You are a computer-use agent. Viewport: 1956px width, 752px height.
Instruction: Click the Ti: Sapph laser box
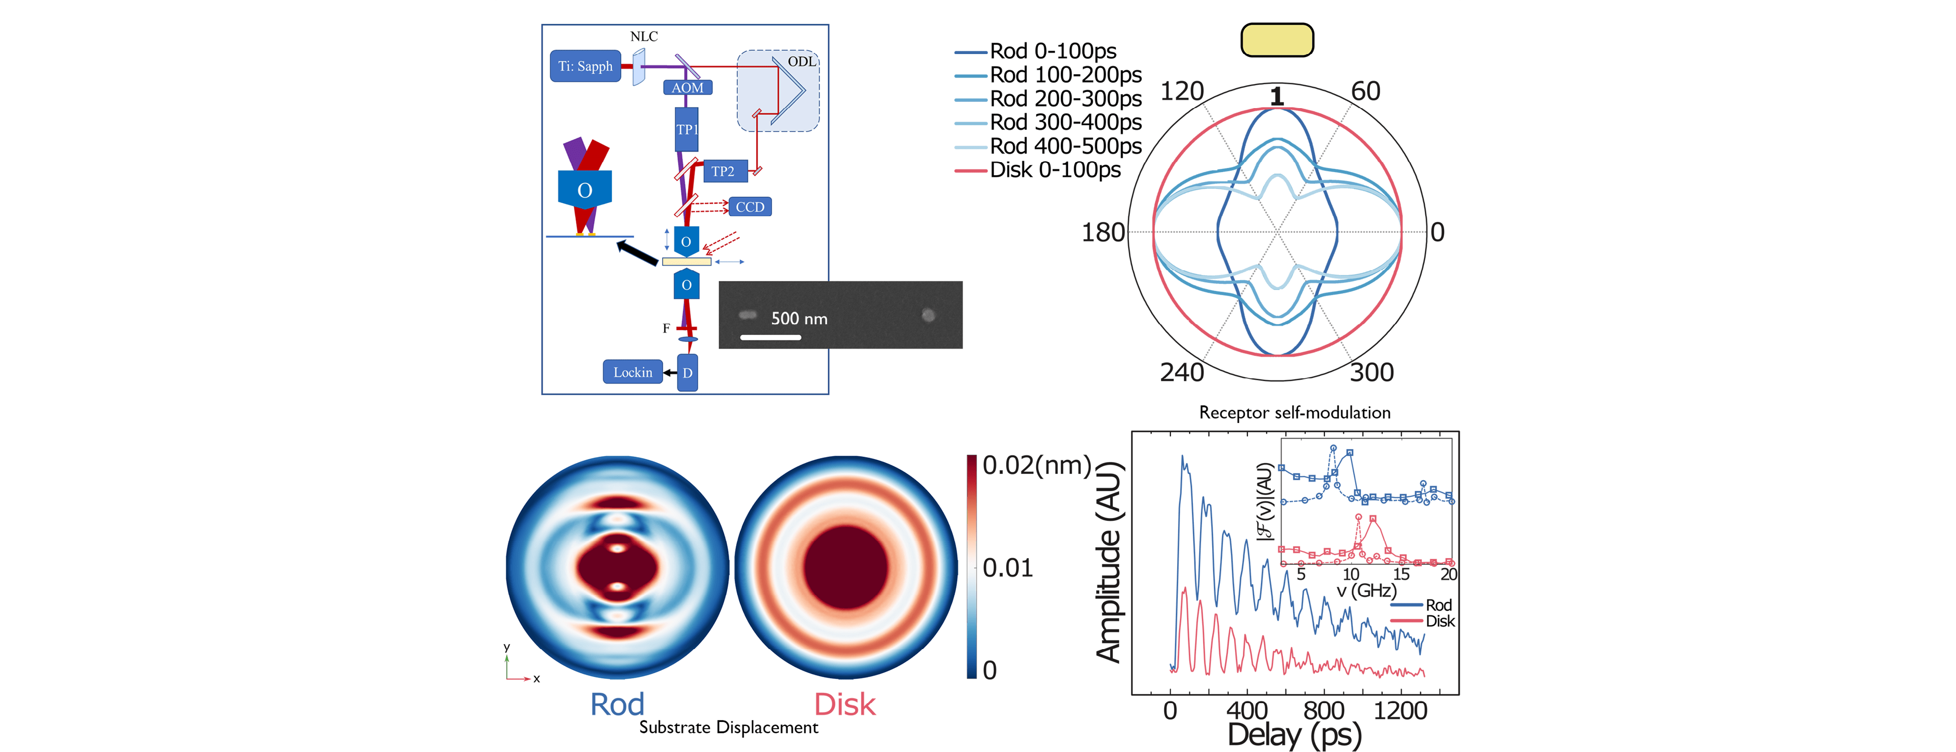[x=585, y=66]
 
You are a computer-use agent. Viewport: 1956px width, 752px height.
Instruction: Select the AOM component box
[x=687, y=87]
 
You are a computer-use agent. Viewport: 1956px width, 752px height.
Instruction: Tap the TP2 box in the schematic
[x=723, y=171]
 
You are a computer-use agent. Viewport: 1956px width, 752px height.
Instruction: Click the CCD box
[x=750, y=206]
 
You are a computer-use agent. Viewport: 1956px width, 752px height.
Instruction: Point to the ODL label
[x=802, y=61]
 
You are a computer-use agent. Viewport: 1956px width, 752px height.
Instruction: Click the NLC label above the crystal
[x=644, y=36]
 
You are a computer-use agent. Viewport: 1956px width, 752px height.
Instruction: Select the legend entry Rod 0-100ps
[x=1052, y=51]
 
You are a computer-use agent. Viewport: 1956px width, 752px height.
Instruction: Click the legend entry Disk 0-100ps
[x=1054, y=170]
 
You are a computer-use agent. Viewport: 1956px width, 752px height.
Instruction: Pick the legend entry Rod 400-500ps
[x=1065, y=146]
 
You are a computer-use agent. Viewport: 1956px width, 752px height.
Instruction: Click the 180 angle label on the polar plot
[x=1102, y=232]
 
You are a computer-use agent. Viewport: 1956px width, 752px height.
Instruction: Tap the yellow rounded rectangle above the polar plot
[x=1277, y=40]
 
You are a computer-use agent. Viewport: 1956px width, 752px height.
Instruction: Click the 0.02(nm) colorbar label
[x=1036, y=465]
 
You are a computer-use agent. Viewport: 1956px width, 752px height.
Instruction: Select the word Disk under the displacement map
[x=844, y=705]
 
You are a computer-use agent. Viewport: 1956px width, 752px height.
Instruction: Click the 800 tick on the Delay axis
[x=1323, y=711]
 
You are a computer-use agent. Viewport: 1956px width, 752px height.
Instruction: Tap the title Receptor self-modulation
[x=1295, y=413]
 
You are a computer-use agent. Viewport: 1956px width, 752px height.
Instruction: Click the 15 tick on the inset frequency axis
[x=1401, y=574]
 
